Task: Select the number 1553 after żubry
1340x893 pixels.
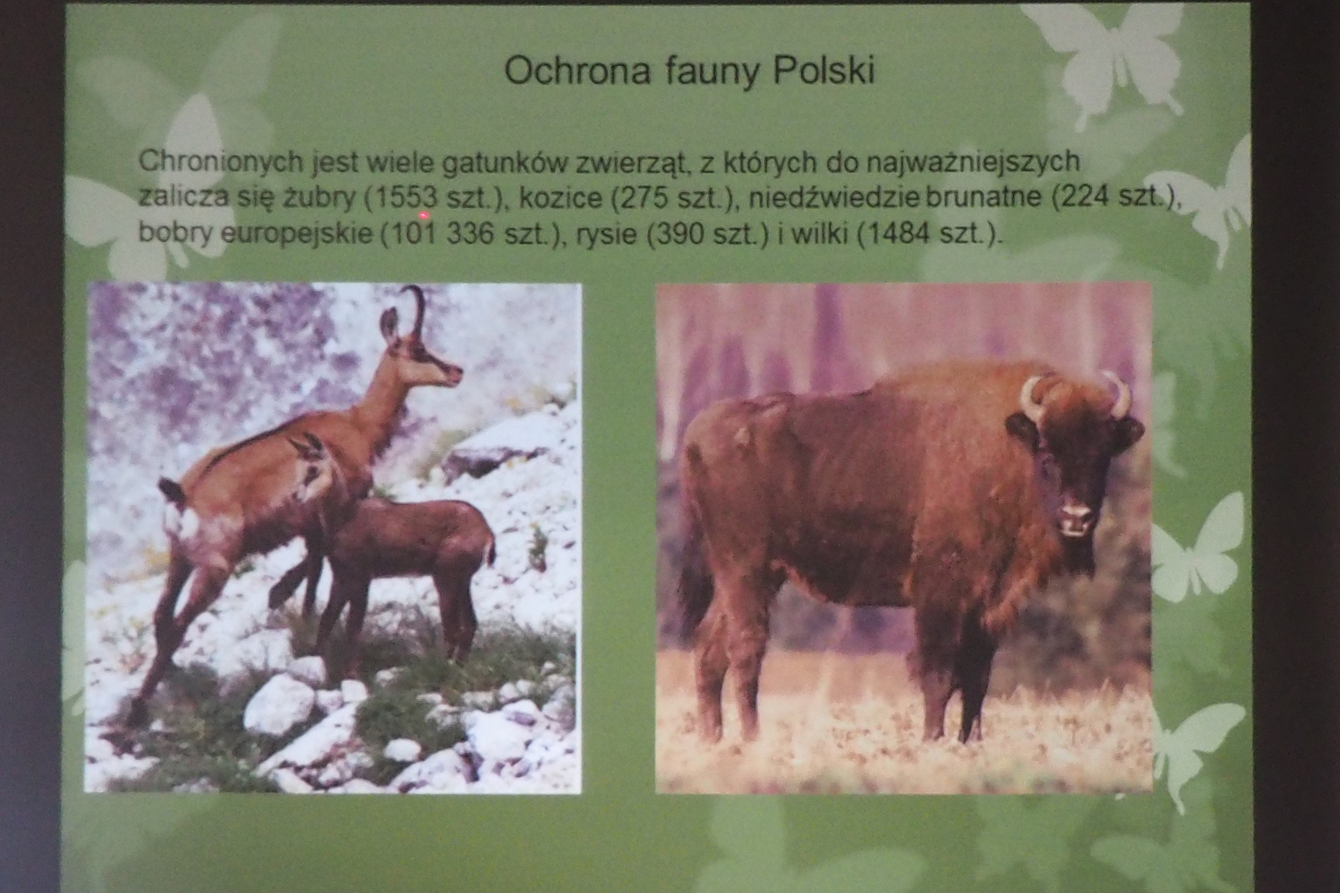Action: click(x=406, y=197)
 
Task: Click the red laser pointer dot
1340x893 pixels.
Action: click(x=423, y=215)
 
